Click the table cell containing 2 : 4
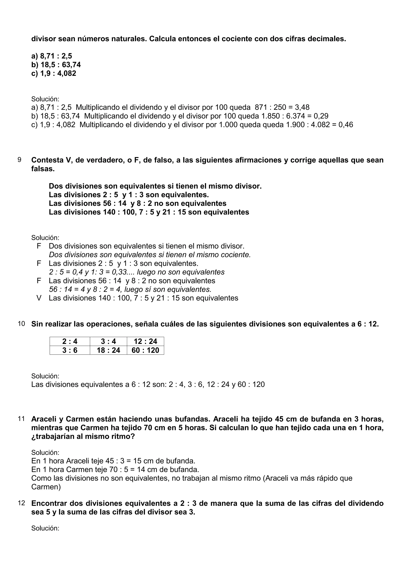(70, 341)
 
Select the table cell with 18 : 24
(108, 350)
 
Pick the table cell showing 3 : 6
(70, 350)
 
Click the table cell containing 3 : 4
(108, 341)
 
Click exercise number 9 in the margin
(20, 160)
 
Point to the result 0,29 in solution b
(321, 116)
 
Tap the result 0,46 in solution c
(345, 125)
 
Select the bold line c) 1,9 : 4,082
(54, 73)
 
